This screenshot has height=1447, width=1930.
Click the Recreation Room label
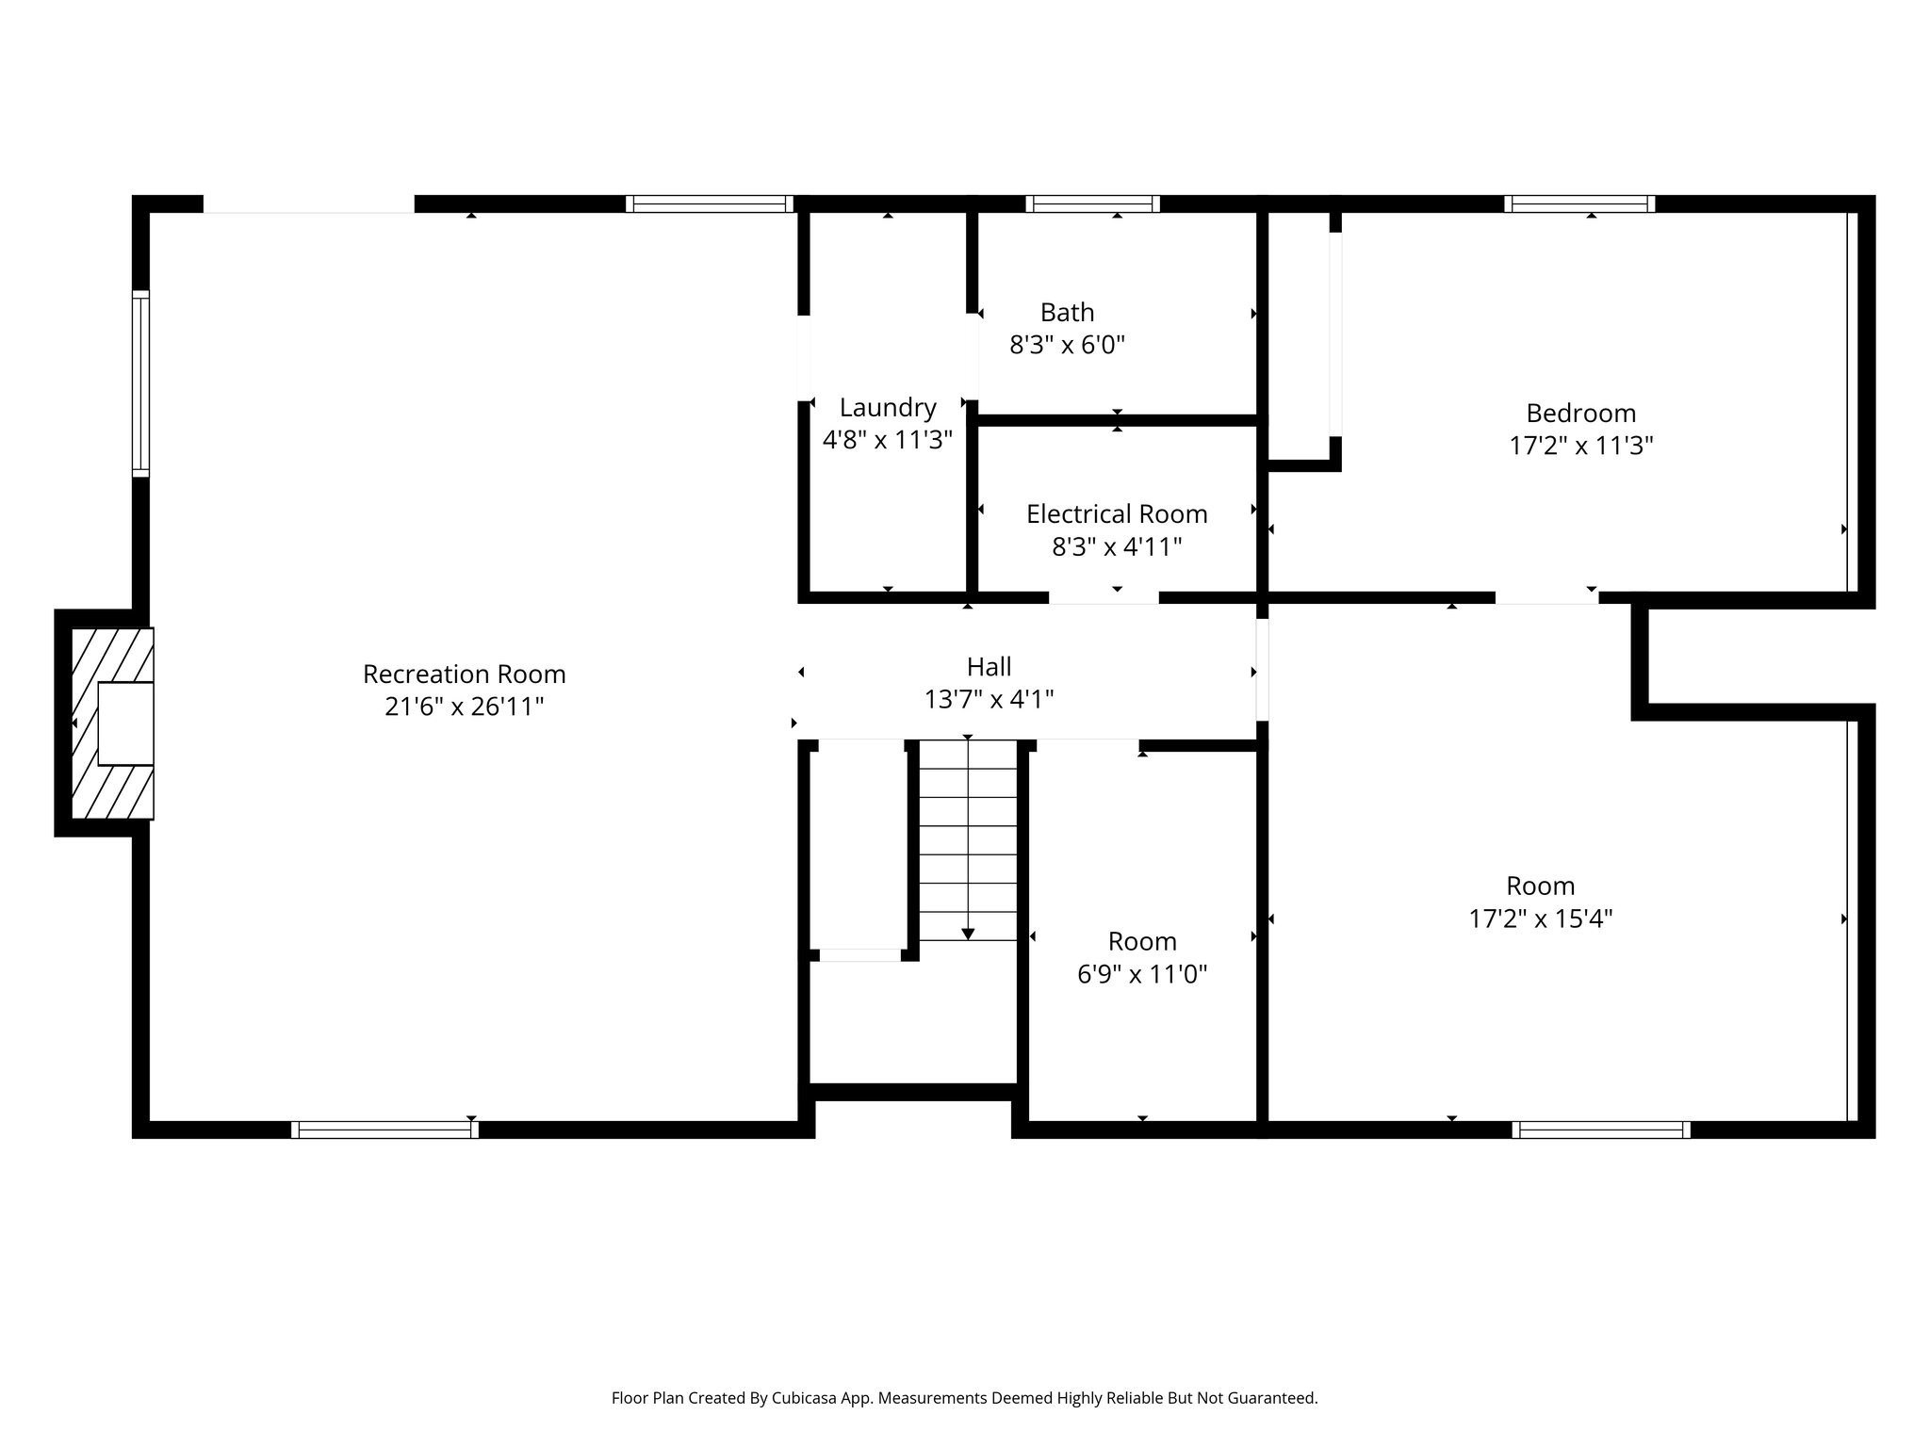pos(464,674)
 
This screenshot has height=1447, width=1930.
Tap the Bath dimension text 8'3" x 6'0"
pos(1067,345)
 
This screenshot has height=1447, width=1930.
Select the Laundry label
pos(887,407)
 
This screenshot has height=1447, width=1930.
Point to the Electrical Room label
pos(1116,513)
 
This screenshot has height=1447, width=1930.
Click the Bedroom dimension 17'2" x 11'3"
pos(1580,446)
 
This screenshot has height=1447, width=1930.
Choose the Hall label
pos(989,667)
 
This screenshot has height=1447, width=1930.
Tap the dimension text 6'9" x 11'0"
pos(1141,974)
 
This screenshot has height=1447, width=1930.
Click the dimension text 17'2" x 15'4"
pos(1540,919)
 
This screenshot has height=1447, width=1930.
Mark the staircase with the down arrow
pos(968,838)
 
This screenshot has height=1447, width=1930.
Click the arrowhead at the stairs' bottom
pos(968,934)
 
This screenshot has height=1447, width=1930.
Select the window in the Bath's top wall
pos(1092,203)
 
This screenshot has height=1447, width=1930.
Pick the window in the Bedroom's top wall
pos(1579,203)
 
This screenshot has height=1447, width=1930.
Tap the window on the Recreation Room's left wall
pos(140,383)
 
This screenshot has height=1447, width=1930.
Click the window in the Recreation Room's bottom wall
pos(384,1130)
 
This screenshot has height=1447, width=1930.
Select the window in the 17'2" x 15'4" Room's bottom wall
pos(1600,1130)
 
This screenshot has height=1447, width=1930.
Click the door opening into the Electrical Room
pos(1104,597)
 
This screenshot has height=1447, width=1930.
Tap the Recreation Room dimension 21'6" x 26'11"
pos(464,707)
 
